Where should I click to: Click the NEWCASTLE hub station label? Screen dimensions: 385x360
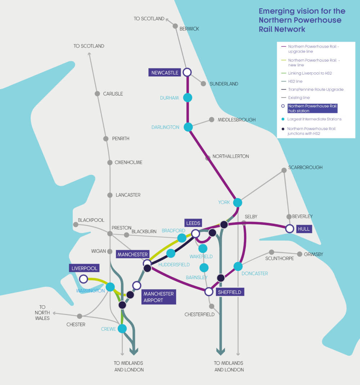[x=165, y=73]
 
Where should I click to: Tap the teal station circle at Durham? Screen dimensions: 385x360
[x=188, y=97]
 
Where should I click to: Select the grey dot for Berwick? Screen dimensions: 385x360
[x=175, y=26]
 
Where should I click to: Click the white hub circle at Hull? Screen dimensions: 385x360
[x=289, y=229]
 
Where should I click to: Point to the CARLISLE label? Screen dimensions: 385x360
[x=113, y=94]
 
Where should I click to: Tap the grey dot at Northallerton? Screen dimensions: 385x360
[x=208, y=158]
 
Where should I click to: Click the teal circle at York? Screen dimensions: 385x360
[x=238, y=202]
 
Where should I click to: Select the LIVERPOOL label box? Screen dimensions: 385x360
[x=85, y=268]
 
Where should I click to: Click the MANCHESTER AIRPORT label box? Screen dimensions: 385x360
[x=158, y=297]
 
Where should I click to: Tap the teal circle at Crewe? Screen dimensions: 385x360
[x=122, y=328]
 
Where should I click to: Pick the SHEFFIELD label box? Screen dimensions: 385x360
[x=229, y=292]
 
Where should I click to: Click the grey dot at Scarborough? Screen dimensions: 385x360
[x=284, y=170]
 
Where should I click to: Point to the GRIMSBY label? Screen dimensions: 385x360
[x=313, y=254]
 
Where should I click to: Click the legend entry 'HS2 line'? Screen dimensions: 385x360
[x=295, y=81]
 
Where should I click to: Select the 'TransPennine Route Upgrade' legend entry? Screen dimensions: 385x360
[x=315, y=89]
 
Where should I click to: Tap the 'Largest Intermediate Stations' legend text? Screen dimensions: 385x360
[x=314, y=119]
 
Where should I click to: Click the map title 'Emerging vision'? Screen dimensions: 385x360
[x=302, y=11]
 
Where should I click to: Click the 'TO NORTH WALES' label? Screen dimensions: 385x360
[x=42, y=313]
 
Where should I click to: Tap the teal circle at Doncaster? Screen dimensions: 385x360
[x=238, y=266]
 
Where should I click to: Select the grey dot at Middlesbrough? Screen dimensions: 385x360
[x=212, y=120]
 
